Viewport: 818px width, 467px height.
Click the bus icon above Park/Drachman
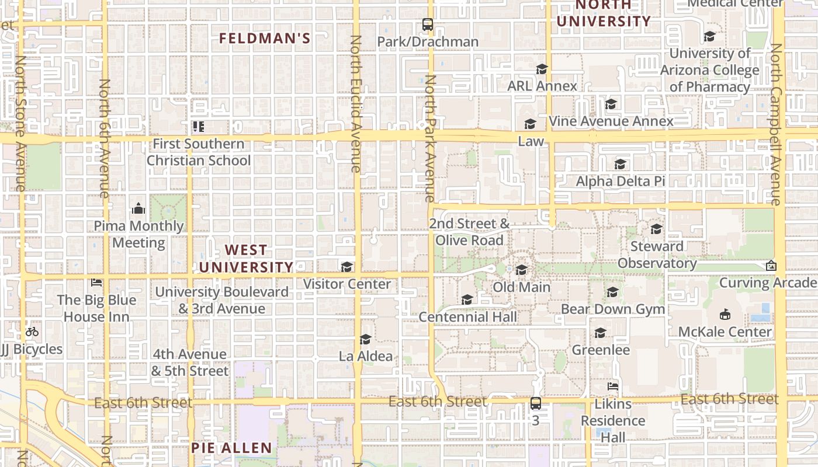click(x=428, y=25)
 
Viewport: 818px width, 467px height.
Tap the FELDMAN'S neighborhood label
click(x=264, y=39)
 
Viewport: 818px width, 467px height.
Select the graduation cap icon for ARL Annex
click(x=542, y=69)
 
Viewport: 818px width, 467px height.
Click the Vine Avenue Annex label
click(x=611, y=121)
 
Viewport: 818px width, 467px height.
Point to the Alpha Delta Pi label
click(x=621, y=182)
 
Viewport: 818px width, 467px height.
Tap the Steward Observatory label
click(x=657, y=255)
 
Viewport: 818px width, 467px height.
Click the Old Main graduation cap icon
click(x=521, y=270)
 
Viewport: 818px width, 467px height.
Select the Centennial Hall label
click(x=468, y=316)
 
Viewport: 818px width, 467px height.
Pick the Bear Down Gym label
click(x=613, y=309)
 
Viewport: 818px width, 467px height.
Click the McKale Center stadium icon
click(x=725, y=315)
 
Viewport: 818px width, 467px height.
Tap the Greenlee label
click(x=601, y=350)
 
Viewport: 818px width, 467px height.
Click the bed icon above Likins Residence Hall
click(x=613, y=386)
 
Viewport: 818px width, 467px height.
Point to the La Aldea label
click(x=366, y=356)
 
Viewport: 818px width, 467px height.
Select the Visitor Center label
click(x=347, y=284)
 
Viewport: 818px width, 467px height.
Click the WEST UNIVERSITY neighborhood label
click(x=246, y=259)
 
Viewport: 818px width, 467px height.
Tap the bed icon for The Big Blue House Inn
click(x=96, y=283)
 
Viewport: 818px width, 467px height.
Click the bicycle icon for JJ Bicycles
click(x=32, y=332)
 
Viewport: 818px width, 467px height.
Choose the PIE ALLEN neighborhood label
click(x=231, y=448)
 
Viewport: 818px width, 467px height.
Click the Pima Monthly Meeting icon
click(x=138, y=208)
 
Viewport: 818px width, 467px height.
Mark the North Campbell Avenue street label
click(x=776, y=124)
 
